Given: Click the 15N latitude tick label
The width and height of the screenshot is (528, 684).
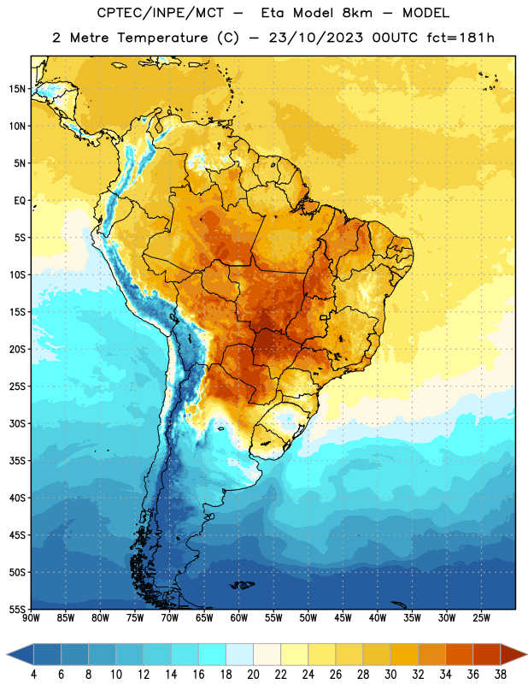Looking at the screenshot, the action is [17, 89].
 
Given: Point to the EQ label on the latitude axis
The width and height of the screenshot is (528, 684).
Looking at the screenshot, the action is [20, 201].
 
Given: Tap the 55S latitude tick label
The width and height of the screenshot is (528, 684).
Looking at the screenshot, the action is [17, 609].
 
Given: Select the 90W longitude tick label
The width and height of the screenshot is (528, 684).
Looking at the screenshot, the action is [31, 618].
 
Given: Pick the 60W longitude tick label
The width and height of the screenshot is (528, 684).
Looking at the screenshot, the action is [239, 618].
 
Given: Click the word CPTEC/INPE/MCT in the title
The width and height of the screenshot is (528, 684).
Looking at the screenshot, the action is [160, 13].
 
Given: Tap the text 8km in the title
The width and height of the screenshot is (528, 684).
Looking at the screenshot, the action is [357, 13].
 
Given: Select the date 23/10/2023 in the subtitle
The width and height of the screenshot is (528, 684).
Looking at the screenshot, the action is [315, 38].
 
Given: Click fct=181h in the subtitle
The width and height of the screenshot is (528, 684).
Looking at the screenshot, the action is [461, 38].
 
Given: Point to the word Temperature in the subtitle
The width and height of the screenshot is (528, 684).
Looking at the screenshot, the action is [162, 38].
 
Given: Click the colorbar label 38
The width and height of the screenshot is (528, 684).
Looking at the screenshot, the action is [500, 675].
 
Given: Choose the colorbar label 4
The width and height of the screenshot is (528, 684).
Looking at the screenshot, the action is [33, 675].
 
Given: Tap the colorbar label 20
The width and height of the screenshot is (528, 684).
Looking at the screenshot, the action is [253, 675].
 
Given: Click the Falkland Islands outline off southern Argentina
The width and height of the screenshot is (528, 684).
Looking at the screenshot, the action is [242, 585].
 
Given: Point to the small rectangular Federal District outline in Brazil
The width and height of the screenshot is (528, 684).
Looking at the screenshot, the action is [324, 317].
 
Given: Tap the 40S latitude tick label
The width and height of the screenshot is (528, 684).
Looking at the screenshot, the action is [17, 498].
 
